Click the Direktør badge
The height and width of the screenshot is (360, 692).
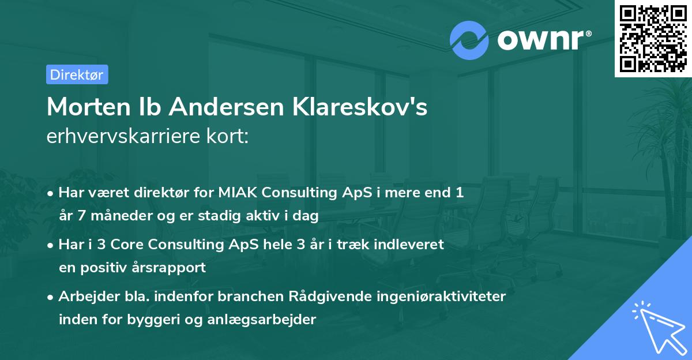[x=77, y=74]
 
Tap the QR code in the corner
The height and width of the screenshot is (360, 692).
[x=653, y=38]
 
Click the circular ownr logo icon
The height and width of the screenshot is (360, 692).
[x=469, y=40]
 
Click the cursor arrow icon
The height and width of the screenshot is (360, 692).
[x=658, y=326]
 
